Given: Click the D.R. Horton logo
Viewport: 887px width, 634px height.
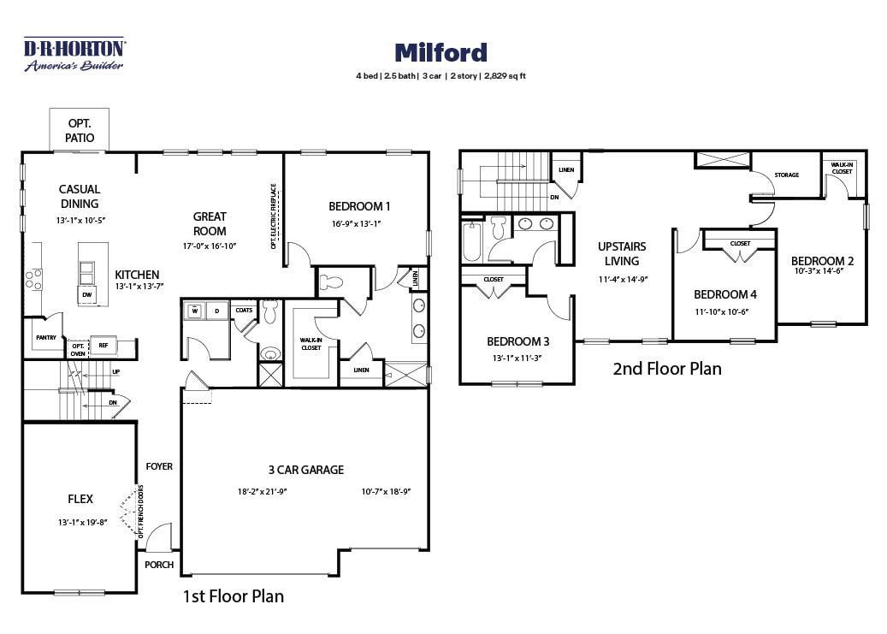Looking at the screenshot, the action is pyautogui.click(x=74, y=55).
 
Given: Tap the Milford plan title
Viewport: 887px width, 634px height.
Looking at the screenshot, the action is pyautogui.click(x=441, y=53).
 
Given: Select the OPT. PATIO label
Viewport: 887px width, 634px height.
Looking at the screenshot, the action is pyautogui.click(x=80, y=130).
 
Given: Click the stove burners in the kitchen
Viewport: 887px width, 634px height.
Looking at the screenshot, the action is pyautogui.click(x=33, y=280).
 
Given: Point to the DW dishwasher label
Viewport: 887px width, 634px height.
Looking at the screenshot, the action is pyautogui.click(x=87, y=294).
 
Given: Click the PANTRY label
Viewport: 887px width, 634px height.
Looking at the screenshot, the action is pyautogui.click(x=46, y=337).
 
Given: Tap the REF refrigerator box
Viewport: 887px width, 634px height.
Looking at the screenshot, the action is pyautogui.click(x=103, y=345).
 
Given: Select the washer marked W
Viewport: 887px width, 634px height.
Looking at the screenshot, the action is pyautogui.click(x=194, y=311).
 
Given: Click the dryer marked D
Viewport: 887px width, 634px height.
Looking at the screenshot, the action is pyautogui.click(x=216, y=311).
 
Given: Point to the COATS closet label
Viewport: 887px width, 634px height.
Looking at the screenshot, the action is pyautogui.click(x=244, y=311).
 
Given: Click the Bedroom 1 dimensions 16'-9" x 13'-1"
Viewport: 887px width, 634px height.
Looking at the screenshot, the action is pyautogui.click(x=357, y=223).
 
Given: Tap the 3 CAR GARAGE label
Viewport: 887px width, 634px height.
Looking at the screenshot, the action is pyautogui.click(x=306, y=470).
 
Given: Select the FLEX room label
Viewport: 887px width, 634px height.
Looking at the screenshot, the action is pyautogui.click(x=80, y=499).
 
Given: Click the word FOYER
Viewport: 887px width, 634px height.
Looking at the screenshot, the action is pyautogui.click(x=159, y=466).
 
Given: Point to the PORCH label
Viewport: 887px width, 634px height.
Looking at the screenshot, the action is pyautogui.click(x=159, y=565).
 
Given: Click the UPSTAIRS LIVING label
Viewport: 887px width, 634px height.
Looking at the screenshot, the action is pyautogui.click(x=622, y=253).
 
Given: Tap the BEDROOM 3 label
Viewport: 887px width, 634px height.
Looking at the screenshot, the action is pyautogui.click(x=517, y=341).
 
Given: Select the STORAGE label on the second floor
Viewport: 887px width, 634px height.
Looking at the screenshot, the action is pyautogui.click(x=786, y=175).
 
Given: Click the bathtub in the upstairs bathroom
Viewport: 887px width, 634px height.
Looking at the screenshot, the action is pyautogui.click(x=472, y=242).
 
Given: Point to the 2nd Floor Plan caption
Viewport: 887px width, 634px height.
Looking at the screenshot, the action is pyautogui.click(x=667, y=369).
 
